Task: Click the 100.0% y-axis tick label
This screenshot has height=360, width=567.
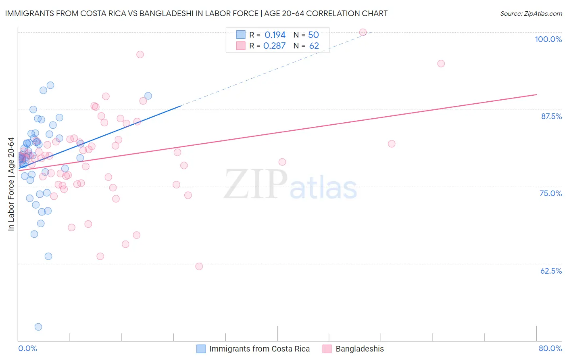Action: click(548, 39)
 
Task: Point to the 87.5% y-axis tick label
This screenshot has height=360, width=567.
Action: click(551, 116)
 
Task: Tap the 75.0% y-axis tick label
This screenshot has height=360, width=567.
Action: click(550, 193)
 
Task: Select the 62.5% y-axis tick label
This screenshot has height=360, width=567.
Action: click(551, 271)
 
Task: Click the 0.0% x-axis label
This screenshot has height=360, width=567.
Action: click(27, 348)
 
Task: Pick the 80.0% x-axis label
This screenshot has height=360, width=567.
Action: click(550, 348)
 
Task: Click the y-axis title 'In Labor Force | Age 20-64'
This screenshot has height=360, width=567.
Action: click(11, 184)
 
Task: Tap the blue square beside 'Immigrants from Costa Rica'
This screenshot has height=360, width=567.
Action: click(201, 349)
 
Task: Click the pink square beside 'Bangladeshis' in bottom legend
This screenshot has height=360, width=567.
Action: click(327, 349)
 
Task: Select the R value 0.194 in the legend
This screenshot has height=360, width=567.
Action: click(275, 35)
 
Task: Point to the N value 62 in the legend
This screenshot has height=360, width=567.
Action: click(314, 46)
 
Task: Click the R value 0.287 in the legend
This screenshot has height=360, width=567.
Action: click(274, 46)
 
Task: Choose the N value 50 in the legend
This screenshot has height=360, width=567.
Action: click(313, 35)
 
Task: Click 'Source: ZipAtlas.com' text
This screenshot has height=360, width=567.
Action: click(531, 14)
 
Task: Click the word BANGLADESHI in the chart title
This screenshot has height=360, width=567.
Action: click(161, 13)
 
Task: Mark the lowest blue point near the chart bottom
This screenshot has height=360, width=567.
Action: click(38, 327)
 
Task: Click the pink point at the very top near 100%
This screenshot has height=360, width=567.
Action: click(363, 32)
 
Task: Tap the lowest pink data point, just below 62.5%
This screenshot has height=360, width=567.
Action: click(199, 266)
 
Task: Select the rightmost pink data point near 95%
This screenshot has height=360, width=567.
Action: click(441, 63)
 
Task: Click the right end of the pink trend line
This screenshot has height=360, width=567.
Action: click(536, 94)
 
